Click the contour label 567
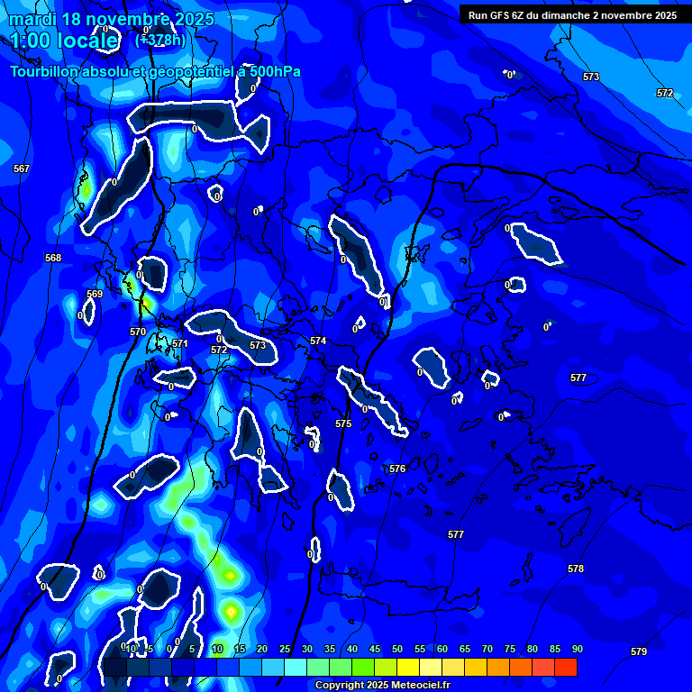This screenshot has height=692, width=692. coord(22,168)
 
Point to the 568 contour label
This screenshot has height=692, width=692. coord(53,258)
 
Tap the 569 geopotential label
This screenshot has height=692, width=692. coord(95,294)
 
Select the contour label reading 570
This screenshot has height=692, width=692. coord(138,332)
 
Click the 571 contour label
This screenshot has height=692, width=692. coord(180,343)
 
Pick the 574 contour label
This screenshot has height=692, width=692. coord(318,341)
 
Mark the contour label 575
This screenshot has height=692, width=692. coord(343,423)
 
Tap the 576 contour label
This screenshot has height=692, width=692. coord(397,469)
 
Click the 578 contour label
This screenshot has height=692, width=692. coord(576,569)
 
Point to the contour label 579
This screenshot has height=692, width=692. coord(639,651)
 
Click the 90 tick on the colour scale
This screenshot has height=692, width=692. coord(578,649)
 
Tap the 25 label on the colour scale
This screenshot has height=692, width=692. coord(285,649)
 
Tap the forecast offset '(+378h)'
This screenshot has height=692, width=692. coord(160,40)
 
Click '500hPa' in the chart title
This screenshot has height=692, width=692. coord(270,71)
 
